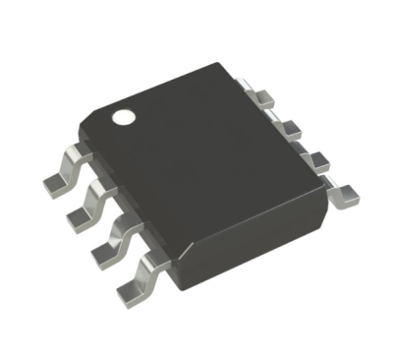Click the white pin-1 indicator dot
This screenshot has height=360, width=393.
[124, 116]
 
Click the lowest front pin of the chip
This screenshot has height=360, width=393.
[136, 273]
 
